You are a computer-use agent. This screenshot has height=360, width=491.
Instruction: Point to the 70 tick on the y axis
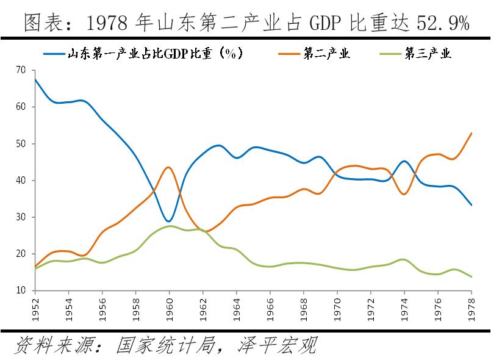click(21, 70)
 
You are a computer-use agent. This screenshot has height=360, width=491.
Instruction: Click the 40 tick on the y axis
click(21, 181)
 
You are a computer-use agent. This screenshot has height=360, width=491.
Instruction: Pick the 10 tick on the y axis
click(21, 290)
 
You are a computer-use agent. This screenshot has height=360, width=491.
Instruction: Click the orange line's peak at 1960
click(169, 167)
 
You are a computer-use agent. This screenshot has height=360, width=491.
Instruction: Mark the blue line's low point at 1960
click(170, 221)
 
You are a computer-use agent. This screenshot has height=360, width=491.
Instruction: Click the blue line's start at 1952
click(35, 79)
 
